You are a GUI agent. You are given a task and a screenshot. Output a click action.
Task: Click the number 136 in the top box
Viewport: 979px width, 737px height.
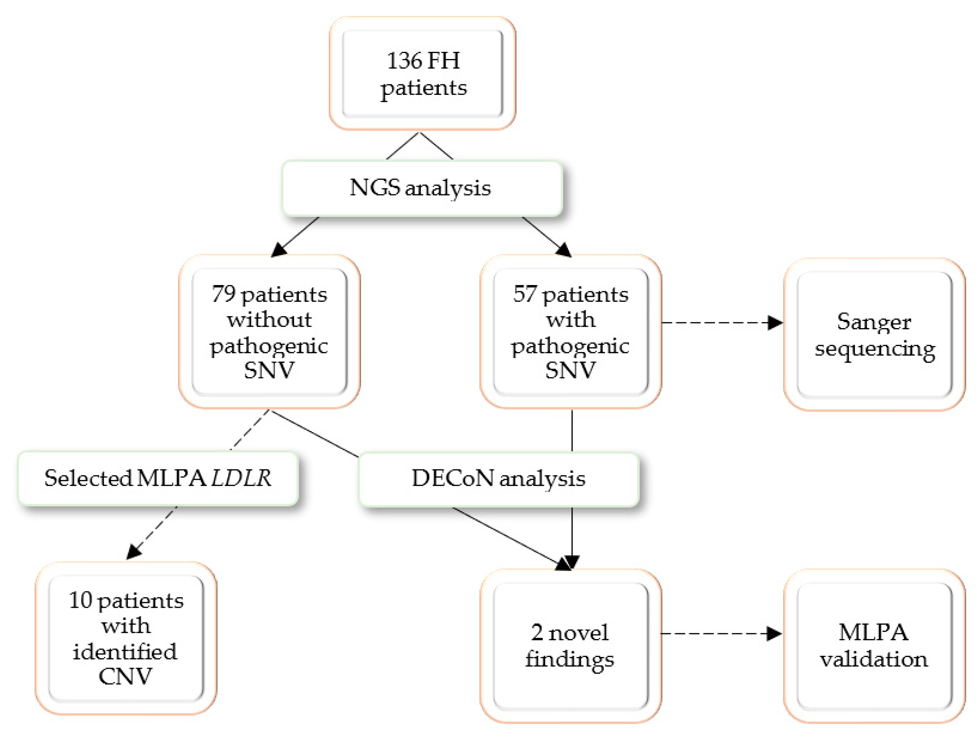click(404, 61)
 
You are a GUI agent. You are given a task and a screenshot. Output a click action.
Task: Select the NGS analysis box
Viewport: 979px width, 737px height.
click(422, 188)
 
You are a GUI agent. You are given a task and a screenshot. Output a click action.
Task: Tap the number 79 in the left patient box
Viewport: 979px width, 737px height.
click(223, 293)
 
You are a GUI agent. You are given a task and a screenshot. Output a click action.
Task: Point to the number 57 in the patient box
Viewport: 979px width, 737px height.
click(525, 293)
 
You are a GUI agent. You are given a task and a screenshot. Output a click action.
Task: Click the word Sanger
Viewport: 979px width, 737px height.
click(873, 322)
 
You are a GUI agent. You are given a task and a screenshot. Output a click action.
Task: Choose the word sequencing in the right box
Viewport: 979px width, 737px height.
click(875, 349)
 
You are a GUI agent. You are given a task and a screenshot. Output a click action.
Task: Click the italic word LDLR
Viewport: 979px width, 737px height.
click(241, 477)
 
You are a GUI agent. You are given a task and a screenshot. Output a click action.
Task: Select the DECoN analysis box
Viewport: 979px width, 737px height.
click(498, 479)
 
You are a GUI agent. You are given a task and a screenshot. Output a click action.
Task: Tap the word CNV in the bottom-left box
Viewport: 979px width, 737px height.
click(125, 676)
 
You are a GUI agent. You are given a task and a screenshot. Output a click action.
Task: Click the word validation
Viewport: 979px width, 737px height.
click(873, 659)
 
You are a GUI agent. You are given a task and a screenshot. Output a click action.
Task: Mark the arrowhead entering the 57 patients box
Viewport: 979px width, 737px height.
click(564, 250)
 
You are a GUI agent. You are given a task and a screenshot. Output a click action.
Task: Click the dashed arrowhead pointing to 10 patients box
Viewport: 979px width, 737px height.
click(133, 553)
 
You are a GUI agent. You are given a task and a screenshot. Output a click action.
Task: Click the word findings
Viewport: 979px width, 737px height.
click(569, 659)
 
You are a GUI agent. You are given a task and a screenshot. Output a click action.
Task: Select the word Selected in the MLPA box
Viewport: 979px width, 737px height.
click(88, 477)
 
